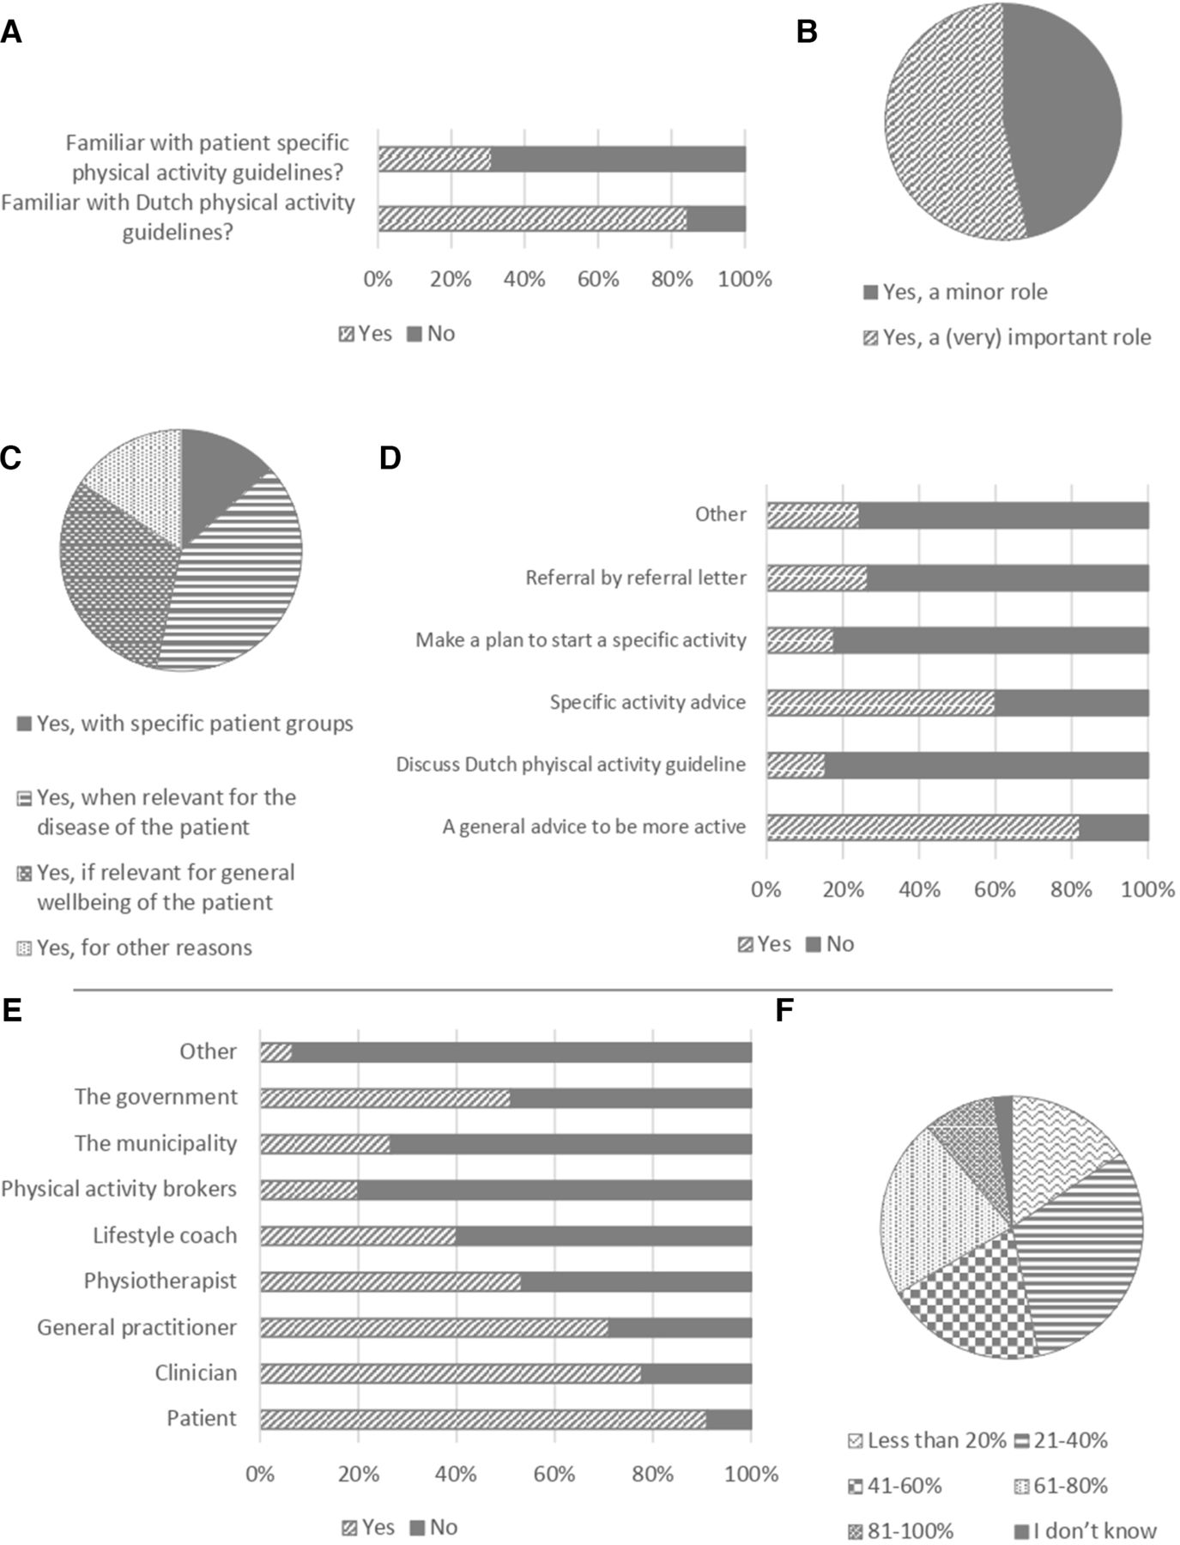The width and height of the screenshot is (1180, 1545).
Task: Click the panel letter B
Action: pos(807,33)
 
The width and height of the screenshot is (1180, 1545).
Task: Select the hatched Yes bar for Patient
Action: pos(483,1419)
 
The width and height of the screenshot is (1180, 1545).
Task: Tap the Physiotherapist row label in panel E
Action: pos(160,1281)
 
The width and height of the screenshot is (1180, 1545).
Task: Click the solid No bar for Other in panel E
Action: pos(522,1052)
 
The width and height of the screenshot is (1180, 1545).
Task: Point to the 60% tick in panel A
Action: pos(598,280)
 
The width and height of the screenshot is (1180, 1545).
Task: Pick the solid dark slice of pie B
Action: pos(1062,120)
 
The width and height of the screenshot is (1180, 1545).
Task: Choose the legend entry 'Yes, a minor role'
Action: pos(955,292)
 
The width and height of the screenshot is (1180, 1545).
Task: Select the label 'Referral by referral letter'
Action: pos(636,578)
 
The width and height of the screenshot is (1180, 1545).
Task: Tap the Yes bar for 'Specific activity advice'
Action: pos(880,702)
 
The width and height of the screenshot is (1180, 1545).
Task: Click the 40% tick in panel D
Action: pos(919,889)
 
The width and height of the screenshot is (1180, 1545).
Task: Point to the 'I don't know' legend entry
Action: pos(1086,1530)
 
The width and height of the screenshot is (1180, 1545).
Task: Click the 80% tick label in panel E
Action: pos(653,1475)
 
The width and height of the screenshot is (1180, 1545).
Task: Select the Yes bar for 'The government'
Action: pos(385,1099)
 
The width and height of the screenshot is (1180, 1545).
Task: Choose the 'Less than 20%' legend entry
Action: pos(927,1439)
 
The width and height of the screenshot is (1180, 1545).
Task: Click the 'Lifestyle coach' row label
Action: pos(165,1235)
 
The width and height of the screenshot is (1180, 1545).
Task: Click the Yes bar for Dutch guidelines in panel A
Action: pos(532,219)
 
